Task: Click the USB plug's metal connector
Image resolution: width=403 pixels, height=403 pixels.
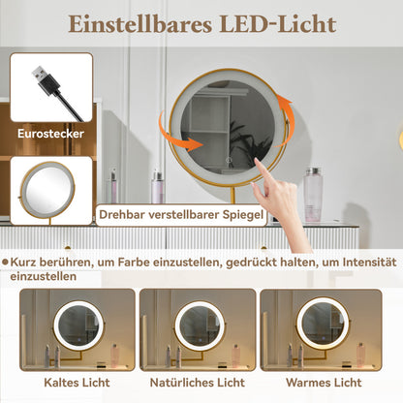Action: (x=39, y=74)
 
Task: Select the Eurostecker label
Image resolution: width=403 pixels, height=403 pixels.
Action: (x=49, y=135)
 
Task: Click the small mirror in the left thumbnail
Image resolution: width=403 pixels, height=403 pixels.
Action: (x=49, y=188)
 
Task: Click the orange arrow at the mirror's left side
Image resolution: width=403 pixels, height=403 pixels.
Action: (x=185, y=142)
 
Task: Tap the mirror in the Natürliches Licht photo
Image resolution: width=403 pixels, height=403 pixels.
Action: (x=200, y=325)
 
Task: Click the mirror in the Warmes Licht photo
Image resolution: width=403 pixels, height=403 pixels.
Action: (x=323, y=323)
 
